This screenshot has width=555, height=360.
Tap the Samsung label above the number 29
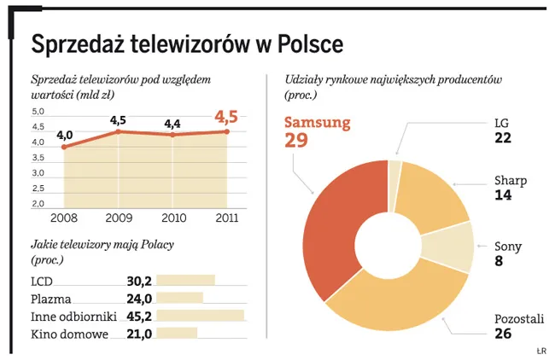coord(317,122)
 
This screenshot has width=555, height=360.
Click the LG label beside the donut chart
coord(502,123)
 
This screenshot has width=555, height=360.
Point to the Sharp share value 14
coord(503,195)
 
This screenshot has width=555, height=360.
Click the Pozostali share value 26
coord(504,333)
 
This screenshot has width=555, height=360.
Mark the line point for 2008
coord(64,147)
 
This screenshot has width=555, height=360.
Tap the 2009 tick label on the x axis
coord(119,218)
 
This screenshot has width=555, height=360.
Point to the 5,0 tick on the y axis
coord(38,112)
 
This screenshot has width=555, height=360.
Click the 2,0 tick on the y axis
coord(38,204)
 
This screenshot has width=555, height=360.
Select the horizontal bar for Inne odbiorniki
coord(201,316)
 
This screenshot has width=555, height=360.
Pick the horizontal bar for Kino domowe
coord(177,334)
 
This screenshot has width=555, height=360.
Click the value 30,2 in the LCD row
coord(139,280)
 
